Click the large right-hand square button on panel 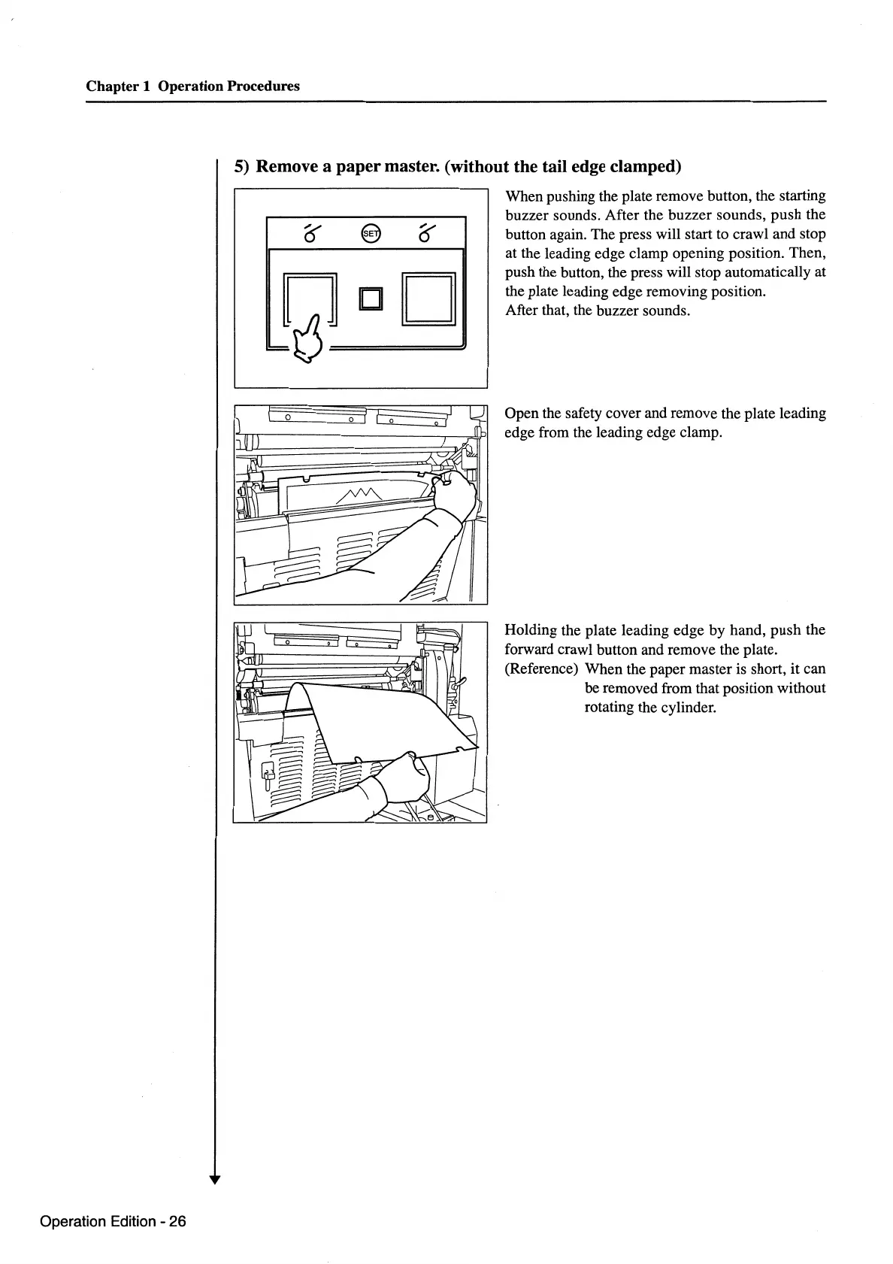[429, 299]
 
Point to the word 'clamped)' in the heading [649, 166]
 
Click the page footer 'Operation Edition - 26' [113, 1221]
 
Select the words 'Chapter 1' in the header [118, 86]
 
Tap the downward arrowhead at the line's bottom [216, 1180]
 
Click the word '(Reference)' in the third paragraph [542, 669]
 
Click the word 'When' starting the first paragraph [524, 196]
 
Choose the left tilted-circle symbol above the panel [308, 234]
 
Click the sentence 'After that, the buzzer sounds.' [597, 311]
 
